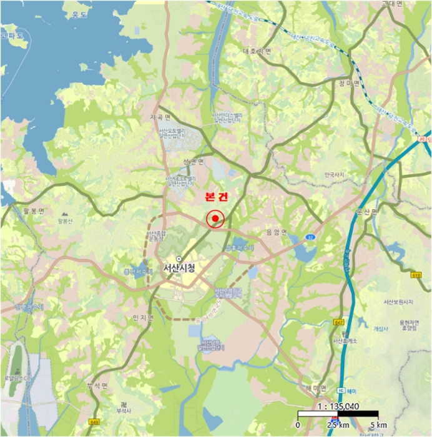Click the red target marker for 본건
214,219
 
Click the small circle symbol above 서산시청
179,258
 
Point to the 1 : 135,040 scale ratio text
338,405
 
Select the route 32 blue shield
310,238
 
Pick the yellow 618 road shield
417,274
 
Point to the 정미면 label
350,82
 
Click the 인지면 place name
143,317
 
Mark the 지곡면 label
160,117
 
